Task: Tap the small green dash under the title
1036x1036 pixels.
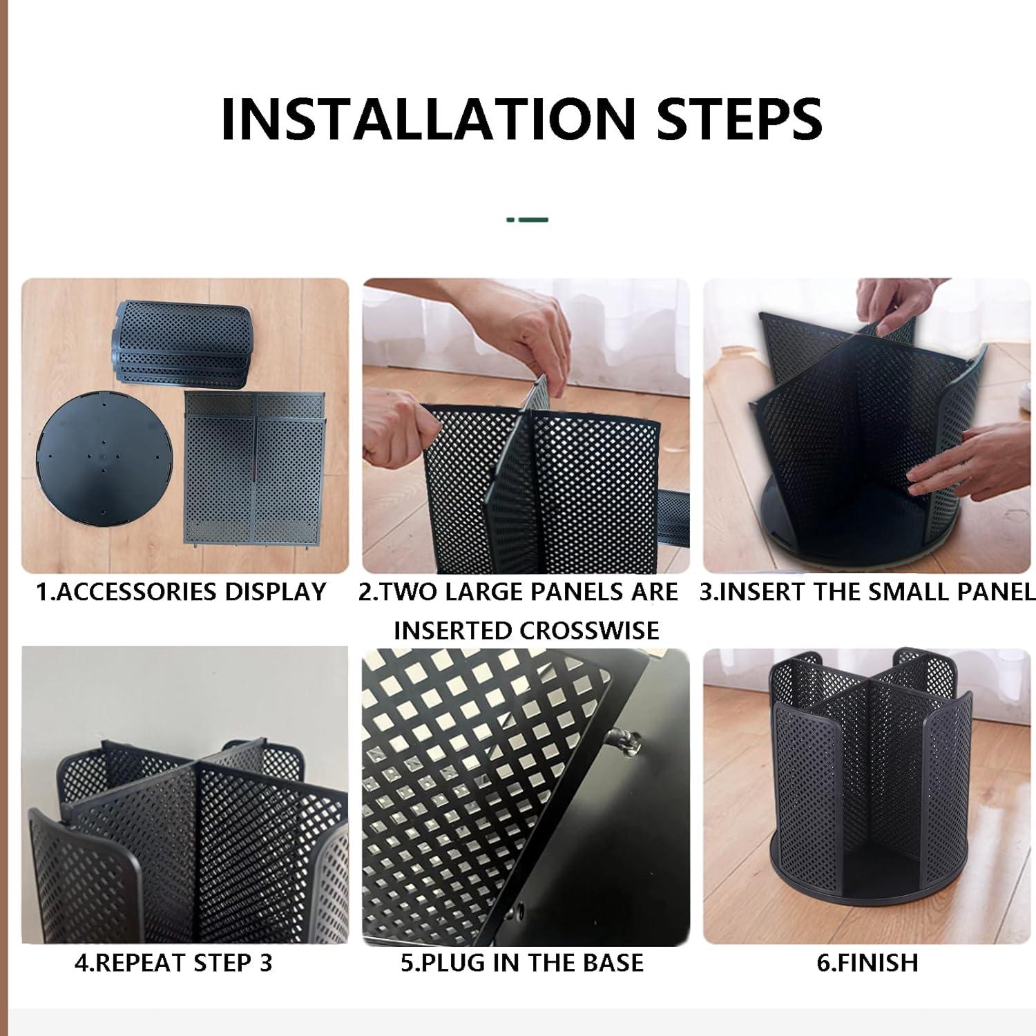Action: [528, 220]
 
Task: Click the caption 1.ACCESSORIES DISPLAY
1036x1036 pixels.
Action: [181, 592]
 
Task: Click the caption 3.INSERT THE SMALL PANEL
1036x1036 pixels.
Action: [867, 592]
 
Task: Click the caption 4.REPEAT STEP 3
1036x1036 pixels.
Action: [173, 962]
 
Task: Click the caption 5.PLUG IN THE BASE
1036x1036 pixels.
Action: [522, 962]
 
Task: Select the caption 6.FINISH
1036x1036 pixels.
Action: [867, 962]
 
